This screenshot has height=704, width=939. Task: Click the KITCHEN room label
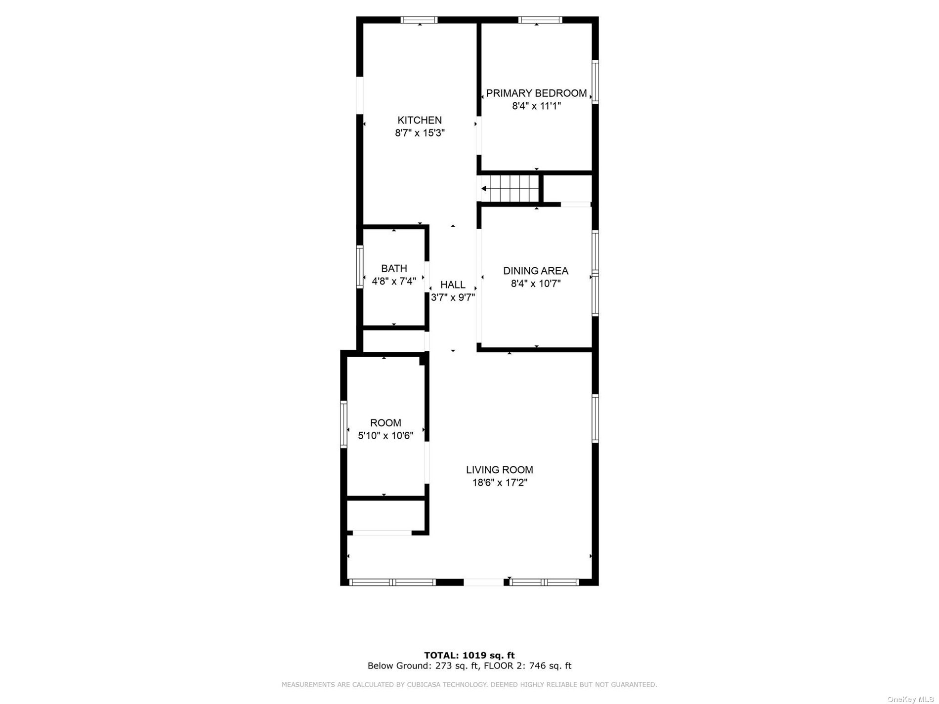tap(420, 120)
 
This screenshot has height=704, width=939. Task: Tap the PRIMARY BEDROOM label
tap(536, 93)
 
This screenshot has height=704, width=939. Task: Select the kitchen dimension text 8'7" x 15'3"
tap(420, 133)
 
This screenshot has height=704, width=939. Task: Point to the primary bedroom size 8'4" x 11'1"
tap(536, 106)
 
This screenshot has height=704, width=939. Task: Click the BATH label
tap(394, 269)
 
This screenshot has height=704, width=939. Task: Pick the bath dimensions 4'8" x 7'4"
tap(394, 282)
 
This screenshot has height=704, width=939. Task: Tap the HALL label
tap(453, 285)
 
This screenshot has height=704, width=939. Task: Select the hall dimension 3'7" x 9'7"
tap(453, 298)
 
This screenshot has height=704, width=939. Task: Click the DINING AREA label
tap(536, 271)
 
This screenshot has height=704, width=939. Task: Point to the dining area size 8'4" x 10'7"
tap(536, 284)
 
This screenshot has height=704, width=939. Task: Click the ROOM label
tap(385, 423)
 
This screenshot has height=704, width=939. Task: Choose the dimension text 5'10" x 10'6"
tap(385, 436)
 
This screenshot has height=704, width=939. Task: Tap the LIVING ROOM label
tap(500, 470)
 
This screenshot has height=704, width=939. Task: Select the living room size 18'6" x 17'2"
tap(500, 483)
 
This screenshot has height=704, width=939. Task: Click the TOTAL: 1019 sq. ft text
tap(469, 656)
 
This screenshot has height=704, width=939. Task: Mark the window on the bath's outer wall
tap(360, 267)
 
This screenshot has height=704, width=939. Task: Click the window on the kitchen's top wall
tap(419, 20)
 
